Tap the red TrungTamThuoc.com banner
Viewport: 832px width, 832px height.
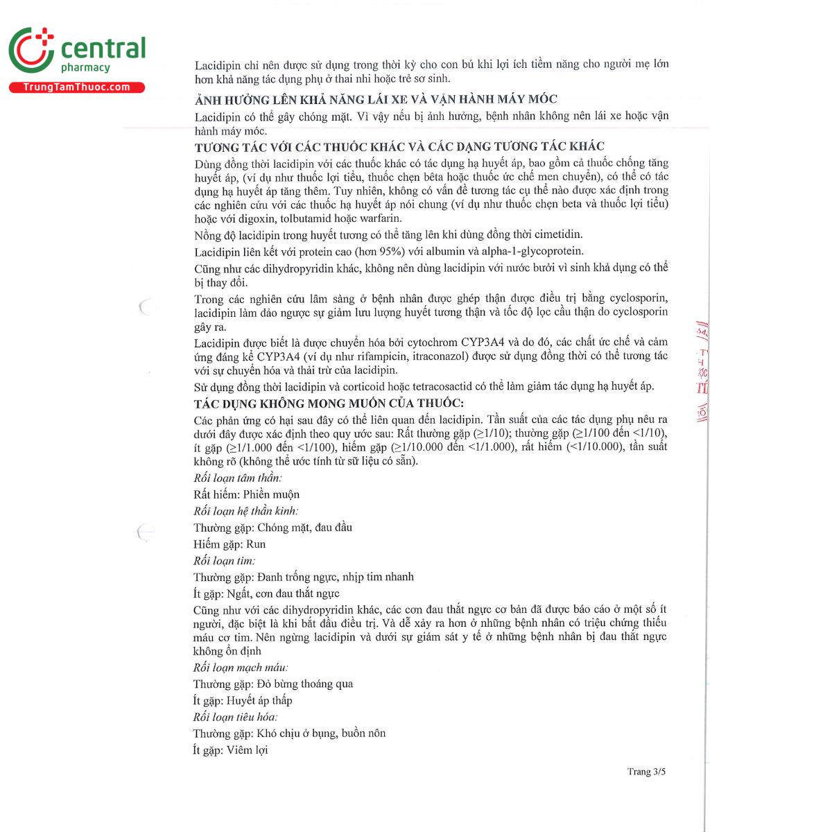point(76,87)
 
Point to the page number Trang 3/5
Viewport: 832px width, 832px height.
point(646,772)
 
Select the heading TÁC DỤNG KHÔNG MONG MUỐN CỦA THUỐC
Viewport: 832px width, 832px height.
point(329,404)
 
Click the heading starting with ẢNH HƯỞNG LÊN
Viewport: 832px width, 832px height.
point(376,99)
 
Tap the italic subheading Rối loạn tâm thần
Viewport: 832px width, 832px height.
point(238,478)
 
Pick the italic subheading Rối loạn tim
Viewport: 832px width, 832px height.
point(224,560)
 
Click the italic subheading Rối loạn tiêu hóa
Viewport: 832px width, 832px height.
point(235,717)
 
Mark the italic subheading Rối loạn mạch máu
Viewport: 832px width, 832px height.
point(241,667)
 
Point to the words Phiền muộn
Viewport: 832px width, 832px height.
point(271,494)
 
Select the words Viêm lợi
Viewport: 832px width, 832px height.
point(247,749)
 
